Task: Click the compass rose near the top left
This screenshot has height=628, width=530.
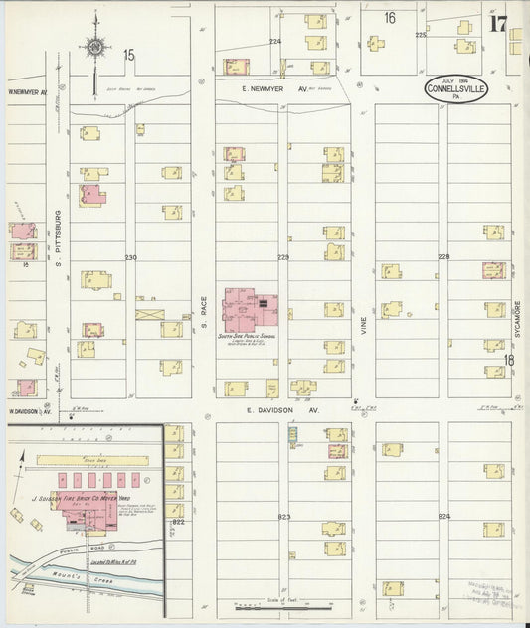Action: pyautogui.click(x=96, y=46)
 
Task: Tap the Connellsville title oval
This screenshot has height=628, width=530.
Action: pyautogui.click(x=456, y=88)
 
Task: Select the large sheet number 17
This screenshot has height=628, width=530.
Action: pyautogui.click(x=498, y=24)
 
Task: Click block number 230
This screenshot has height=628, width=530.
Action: pyautogui.click(x=130, y=257)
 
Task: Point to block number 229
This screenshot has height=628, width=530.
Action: pyautogui.click(x=283, y=257)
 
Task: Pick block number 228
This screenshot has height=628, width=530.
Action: pyautogui.click(x=443, y=256)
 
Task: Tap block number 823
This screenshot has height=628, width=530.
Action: pyautogui.click(x=284, y=517)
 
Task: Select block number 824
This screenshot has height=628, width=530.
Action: pyautogui.click(x=443, y=517)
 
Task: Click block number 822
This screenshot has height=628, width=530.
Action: pyautogui.click(x=178, y=521)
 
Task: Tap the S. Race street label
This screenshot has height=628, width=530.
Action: pyautogui.click(x=202, y=316)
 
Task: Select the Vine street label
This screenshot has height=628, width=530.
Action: pyautogui.click(x=364, y=316)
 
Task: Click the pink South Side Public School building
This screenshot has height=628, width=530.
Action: pyautogui.click(x=249, y=310)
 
